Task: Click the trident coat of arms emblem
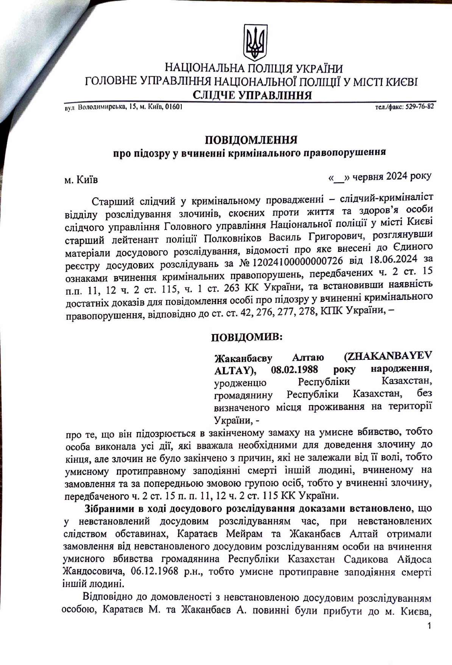coord(255,42)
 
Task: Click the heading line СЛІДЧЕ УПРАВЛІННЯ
coord(252,95)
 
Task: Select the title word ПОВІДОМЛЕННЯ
coord(251,140)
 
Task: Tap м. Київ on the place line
coord(81,179)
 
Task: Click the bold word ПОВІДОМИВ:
coord(246,337)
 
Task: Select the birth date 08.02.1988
coord(294,369)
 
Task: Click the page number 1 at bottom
coord(429,625)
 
